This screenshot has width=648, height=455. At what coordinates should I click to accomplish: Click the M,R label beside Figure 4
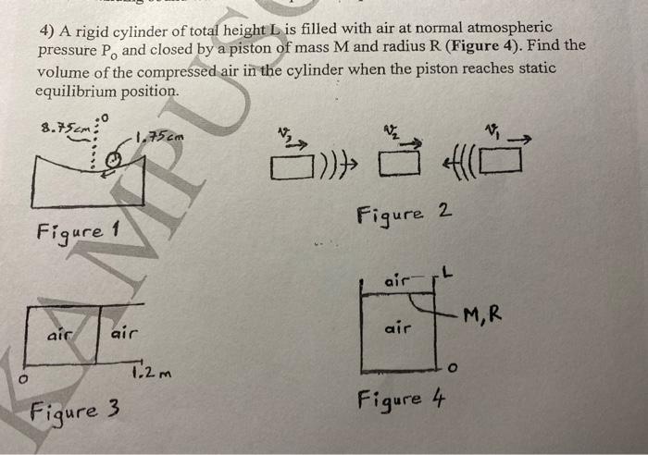tap(483, 314)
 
